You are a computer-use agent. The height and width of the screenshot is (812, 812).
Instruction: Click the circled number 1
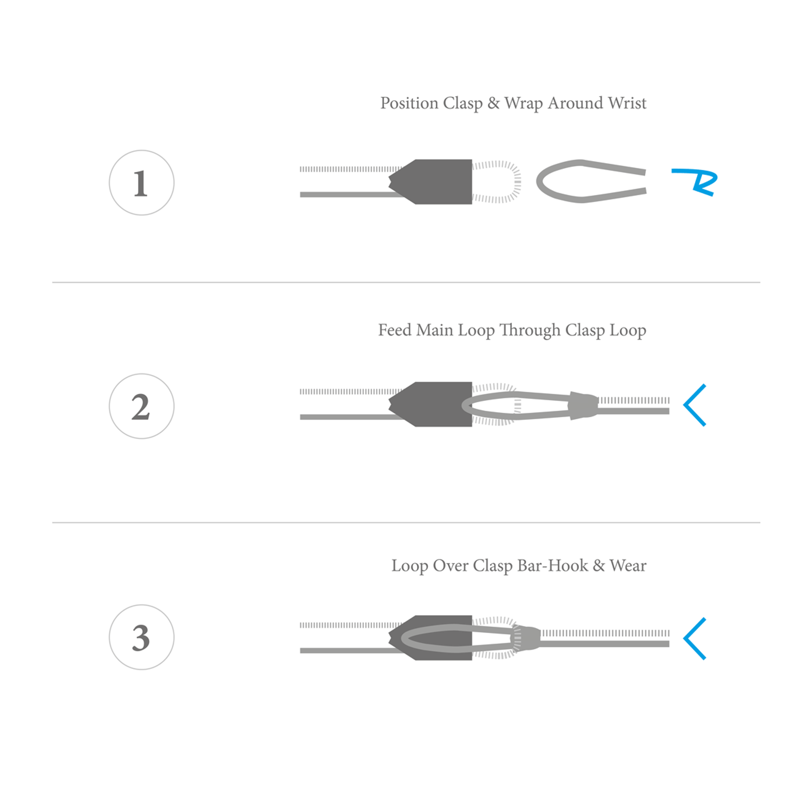pyautogui.click(x=141, y=183)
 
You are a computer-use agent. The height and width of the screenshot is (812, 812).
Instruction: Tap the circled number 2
pyautogui.click(x=141, y=406)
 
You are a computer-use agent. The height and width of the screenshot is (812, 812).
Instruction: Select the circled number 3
pyautogui.click(x=141, y=637)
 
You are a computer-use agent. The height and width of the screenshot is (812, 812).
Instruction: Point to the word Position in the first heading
pyautogui.click(x=409, y=103)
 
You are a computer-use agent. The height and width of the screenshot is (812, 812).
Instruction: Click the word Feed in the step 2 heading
pyautogui.click(x=395, y=330)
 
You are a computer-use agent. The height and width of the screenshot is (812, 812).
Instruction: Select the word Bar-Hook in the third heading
pyautogui.click(x=552, y=566)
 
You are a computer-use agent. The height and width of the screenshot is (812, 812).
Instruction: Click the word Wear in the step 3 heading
pyautogui.click(x=628, y=566)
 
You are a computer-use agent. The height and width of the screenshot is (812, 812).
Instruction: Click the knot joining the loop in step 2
pyautogui.click(x=583, y=406)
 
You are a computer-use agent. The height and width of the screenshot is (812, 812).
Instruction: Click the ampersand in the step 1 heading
pyautogui.click(x=494, y=103)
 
